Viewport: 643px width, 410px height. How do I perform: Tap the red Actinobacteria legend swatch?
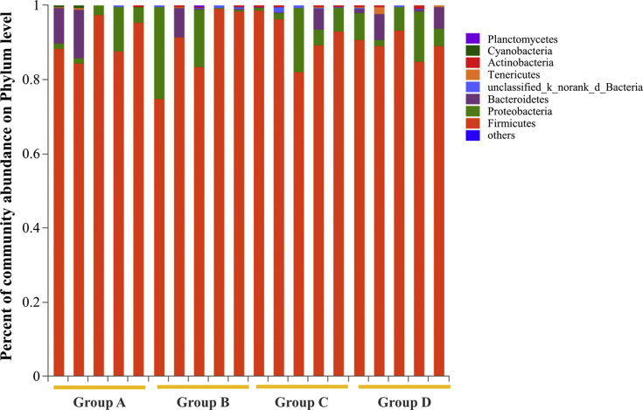click(472, 64)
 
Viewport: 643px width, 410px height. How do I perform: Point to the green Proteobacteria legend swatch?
click(472, 112)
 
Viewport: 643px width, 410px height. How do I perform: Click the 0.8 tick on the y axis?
click(35, 80)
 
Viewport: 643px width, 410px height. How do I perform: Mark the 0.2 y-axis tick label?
click(35, 302)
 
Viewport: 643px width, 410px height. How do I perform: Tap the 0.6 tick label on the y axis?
click(35, 154)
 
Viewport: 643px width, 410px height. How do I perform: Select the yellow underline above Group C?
click(301, 386)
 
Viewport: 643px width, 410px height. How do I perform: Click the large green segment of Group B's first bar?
click(159, 52)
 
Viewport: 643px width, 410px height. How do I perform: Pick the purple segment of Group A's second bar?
click(79, 34)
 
